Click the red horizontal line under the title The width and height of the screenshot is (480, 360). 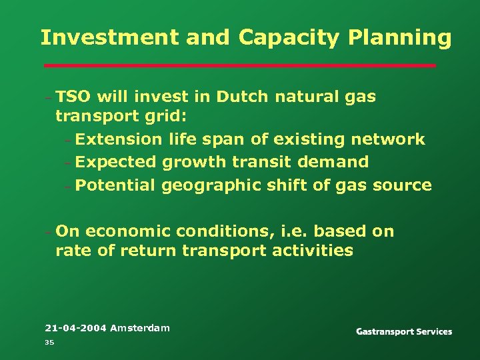[239, 66]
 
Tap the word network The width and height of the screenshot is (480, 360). [386, 139]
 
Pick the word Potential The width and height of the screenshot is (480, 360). [115, 185]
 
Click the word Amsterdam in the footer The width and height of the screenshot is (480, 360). [140, 328]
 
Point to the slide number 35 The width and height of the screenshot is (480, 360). [49, 343]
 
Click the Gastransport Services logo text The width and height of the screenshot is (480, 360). [404, 331]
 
